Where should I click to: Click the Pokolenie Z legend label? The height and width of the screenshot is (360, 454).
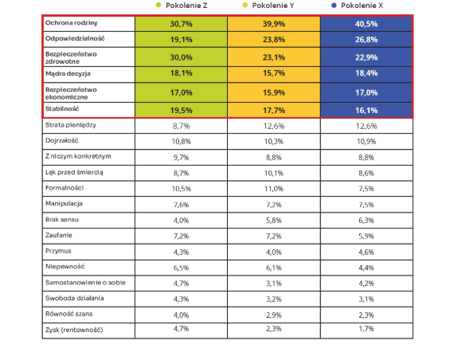point(186,6)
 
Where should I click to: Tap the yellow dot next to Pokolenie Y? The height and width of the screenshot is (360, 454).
point(245,5)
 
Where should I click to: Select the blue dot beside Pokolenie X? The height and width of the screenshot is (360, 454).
point(334,6)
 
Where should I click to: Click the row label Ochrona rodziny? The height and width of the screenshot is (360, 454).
point(71,23)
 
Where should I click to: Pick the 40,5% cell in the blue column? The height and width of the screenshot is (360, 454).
point(366,24)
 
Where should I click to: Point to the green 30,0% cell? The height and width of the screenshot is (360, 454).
point(182,57)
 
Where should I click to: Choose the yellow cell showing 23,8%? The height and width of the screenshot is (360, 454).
point(274,39)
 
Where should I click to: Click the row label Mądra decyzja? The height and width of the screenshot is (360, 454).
point(68,73)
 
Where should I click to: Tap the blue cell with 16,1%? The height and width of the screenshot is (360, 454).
point(366,110)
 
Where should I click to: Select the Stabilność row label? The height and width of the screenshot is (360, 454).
point(62,108)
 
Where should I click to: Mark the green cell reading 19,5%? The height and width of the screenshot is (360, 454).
point(182,110)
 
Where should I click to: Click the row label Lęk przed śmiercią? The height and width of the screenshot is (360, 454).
point(74,172)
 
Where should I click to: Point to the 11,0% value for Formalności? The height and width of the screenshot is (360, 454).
point(274,189)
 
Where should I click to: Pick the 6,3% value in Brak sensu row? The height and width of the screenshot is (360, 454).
point(366,221)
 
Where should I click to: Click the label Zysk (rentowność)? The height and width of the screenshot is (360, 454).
point(74,330)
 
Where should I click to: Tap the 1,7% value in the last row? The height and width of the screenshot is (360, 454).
point(366,329)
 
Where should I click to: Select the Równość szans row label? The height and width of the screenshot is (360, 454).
point(69,314)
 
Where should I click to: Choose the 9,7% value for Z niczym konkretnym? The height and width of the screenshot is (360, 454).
point(182,157)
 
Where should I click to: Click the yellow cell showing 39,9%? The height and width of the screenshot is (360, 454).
point(274,24)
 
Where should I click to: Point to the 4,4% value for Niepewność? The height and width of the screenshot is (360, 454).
point(366,268)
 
